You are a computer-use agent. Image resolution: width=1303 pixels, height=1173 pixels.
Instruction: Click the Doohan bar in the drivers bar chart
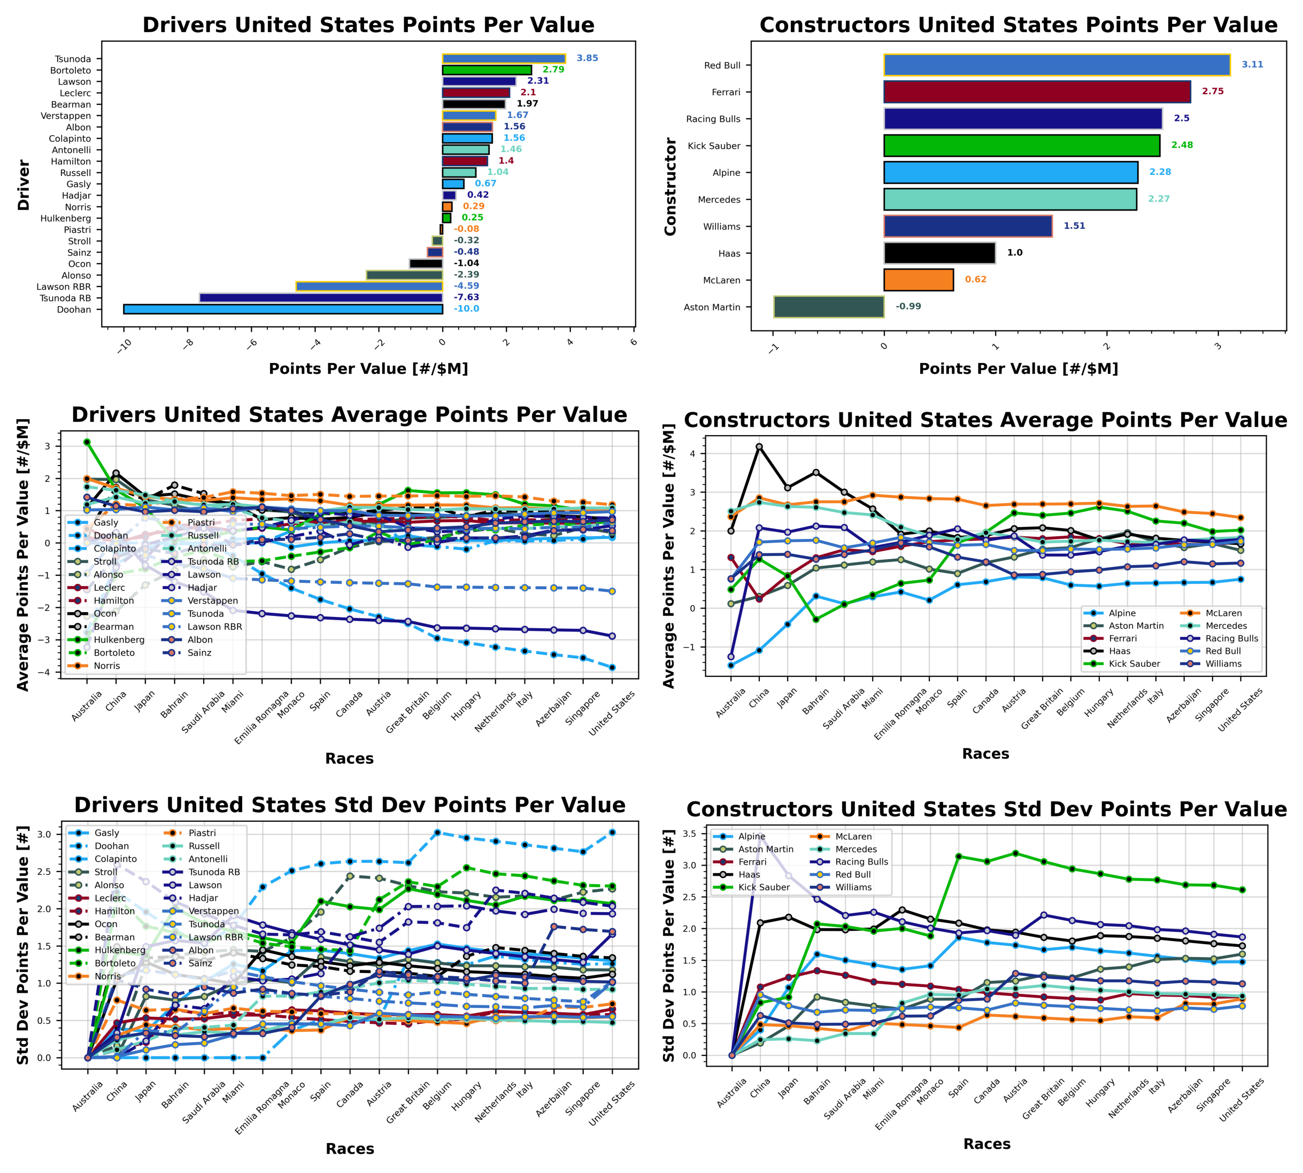pos(283,310)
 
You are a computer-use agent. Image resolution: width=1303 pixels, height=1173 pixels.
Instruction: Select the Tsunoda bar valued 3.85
pos(503,59)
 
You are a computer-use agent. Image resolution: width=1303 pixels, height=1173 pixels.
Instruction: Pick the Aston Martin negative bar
pos(829,307)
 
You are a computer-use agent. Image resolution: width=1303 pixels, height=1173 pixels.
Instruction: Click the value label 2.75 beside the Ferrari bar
pos(1212,91)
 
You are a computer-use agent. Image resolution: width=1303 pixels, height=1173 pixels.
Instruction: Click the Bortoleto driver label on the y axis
pos(71,70)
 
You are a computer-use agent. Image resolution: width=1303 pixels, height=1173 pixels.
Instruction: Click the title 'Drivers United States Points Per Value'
pos(368,25)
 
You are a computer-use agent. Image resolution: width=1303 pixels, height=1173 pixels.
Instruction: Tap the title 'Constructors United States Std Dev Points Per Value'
pos(986,809)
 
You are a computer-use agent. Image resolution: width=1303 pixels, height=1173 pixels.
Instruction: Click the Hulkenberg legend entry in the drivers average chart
pos(119,640)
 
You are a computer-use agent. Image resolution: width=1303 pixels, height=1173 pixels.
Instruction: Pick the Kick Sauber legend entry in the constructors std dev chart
pos(763,888)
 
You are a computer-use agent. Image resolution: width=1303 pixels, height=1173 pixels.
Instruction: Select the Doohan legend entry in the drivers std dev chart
pos(111,846)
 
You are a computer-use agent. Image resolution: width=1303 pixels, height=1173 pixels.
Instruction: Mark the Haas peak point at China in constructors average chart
pos(759,446)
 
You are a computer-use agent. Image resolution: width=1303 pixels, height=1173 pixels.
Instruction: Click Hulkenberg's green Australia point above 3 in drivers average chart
pos(87,442)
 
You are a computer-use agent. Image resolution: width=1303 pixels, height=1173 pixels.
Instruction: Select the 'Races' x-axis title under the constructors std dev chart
pos(986,1144)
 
